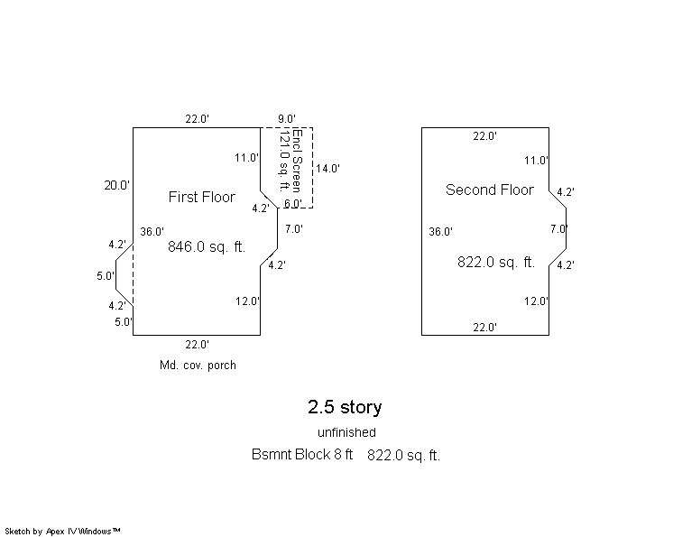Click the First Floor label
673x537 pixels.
201,197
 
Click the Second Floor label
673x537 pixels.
490,190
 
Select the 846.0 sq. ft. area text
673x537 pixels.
207,245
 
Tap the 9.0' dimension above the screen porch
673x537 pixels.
287,118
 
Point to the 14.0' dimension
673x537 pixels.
327,168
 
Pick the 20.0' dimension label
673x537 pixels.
116,185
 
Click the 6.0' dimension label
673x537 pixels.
293,204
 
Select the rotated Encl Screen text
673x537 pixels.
297,153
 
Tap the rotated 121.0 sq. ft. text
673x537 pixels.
285,160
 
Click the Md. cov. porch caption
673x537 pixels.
197,366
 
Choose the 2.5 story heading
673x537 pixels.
345,407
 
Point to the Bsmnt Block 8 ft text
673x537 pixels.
302,455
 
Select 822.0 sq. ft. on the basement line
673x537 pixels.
403,456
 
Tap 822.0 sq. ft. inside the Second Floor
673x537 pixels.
496,263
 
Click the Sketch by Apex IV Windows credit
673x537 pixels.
62,532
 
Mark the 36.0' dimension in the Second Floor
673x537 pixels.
440,232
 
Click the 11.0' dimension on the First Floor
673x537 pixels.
247,158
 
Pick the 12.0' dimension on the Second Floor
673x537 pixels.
536,301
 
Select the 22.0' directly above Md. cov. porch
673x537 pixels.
197,344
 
